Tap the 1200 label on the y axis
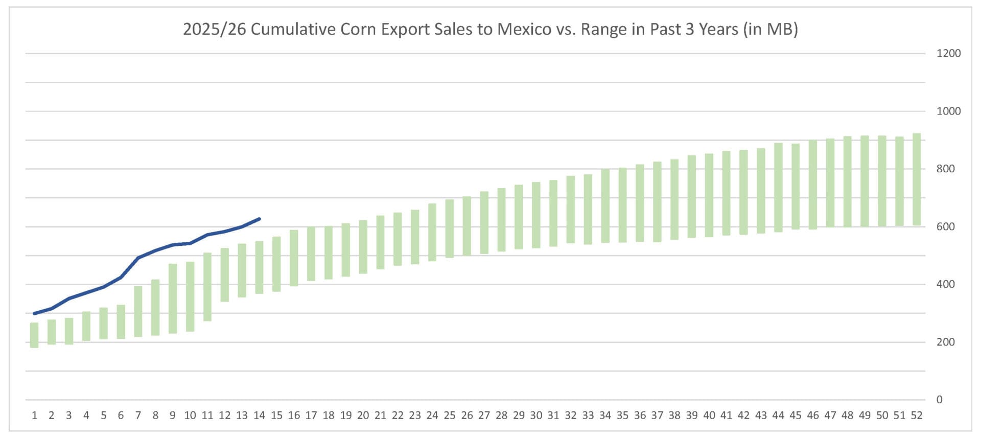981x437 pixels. [x=948, y=53]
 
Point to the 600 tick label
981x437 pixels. [x=945, y=226]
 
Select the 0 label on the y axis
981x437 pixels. [x=939, y=400]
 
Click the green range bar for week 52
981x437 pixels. [x=917, y=179]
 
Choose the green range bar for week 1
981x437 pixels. [x=34, y=335]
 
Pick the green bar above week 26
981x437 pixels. [x=467, y=226]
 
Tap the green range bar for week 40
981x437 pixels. [x=709, y=195]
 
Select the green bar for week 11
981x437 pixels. [x=207, y=287]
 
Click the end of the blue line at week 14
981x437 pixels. [x=260, y=219]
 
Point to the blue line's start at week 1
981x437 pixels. [x=34, y=313]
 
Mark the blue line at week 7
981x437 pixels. [x=138, y=258]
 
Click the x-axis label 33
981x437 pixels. [x=588, y=416]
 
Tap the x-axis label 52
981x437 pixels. [x=917, y=416]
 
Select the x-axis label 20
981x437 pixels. [x=363, y=416]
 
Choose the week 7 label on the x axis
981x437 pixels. [x=138, y=416]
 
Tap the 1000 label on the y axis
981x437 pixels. [x=948, y=111]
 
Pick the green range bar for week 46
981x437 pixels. [x=813, y=185]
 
